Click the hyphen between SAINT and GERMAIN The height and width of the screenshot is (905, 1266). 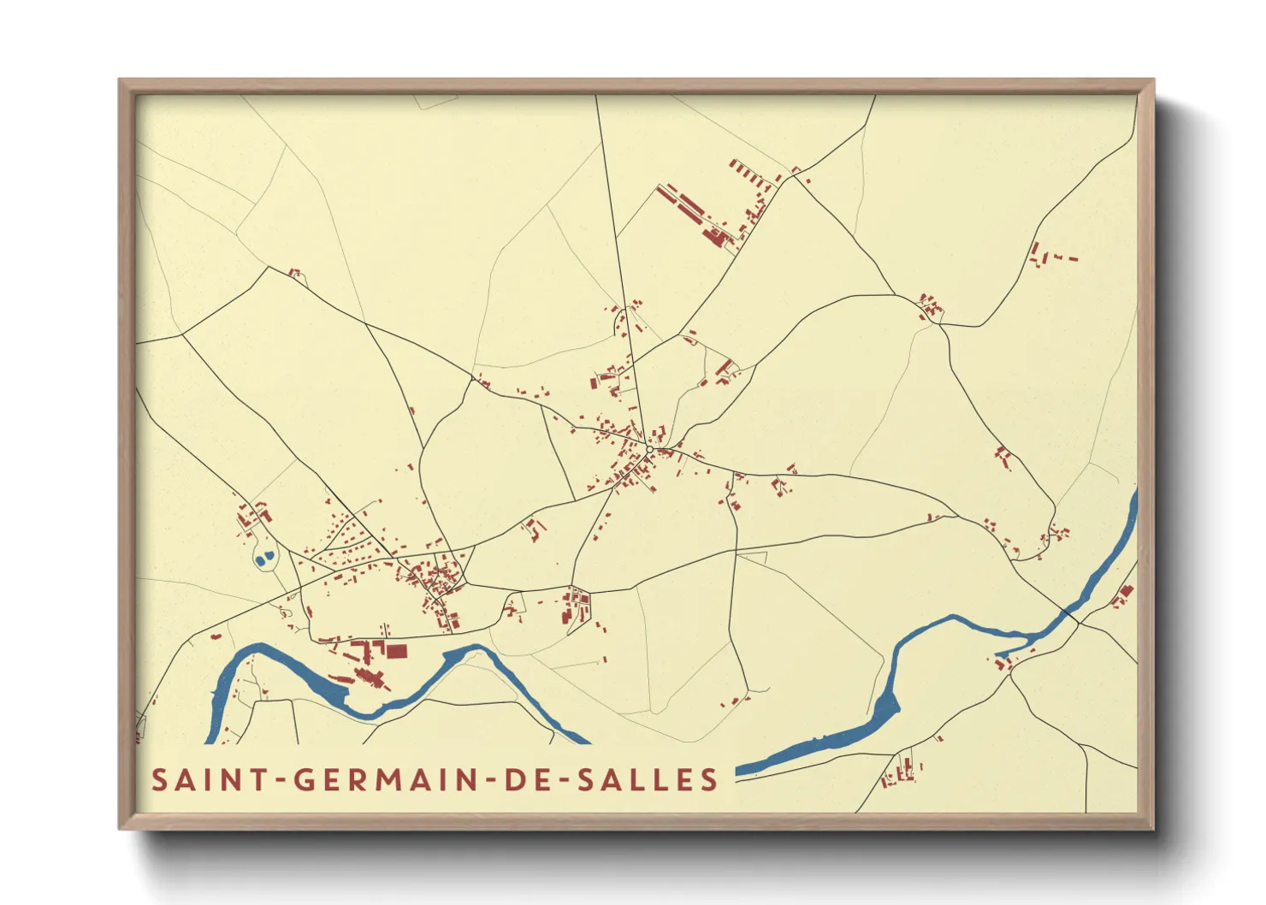pos(281,780)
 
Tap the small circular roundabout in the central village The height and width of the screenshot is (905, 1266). pos(650,449)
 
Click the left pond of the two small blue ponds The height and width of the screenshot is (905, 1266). pos(259,561)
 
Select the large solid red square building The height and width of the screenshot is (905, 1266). pos(396,651)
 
